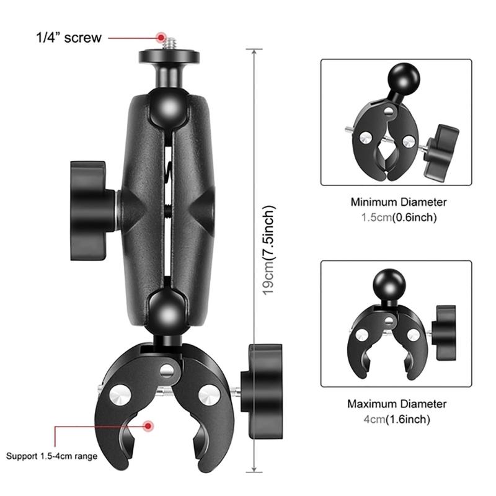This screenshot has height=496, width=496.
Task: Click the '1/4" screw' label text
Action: pos(69,38)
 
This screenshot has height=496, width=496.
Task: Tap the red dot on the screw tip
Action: pos(161,38)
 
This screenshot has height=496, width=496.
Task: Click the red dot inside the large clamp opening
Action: pos(148,426)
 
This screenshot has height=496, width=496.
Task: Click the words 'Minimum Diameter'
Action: pos(399,202)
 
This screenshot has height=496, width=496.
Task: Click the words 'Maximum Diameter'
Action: pos(397,404)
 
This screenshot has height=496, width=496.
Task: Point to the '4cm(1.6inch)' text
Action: pos(397,419)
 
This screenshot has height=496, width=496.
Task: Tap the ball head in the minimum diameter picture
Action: pos(404,79)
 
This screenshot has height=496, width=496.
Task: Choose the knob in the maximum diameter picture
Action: pos(445,332)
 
